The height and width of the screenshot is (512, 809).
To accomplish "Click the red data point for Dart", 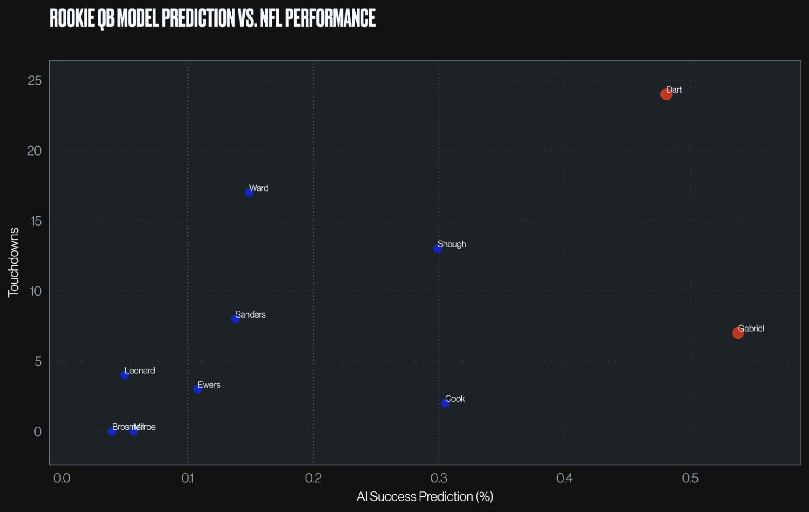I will coord(666,94).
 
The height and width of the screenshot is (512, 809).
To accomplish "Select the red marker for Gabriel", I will coord(738,333).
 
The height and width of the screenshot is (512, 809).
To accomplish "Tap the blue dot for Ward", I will coord(249,192).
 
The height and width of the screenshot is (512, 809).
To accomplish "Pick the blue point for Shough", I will coord(437,248).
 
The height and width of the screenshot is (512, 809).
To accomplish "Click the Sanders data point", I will coord(235,319).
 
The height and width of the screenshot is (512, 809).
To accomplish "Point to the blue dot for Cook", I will coord(445,403).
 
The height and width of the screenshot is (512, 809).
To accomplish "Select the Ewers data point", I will coord(198,389).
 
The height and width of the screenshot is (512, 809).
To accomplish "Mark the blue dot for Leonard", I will coord(125,375).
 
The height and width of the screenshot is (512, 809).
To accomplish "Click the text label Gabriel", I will coord(751,329).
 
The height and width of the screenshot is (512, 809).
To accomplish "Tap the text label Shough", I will coord(452,244).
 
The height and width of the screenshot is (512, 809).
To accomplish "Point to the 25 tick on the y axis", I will coord(35,81).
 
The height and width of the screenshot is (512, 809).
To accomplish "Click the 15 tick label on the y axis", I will coord(36,221).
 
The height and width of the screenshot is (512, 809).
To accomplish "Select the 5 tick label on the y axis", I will coord(38,361).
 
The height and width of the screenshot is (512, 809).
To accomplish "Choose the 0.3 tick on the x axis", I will coord(439,478).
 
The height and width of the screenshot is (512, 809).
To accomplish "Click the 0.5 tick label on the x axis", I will coord(690,478).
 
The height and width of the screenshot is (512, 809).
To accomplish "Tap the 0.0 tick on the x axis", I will coord(62,478).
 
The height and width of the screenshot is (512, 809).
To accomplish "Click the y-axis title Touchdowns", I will coord(14,262).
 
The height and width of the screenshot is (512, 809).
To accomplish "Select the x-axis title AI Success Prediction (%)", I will coord(425,497).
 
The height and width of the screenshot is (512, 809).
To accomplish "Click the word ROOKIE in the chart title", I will coord(72,18).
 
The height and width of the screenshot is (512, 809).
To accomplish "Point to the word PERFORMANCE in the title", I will coord(330,18).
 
